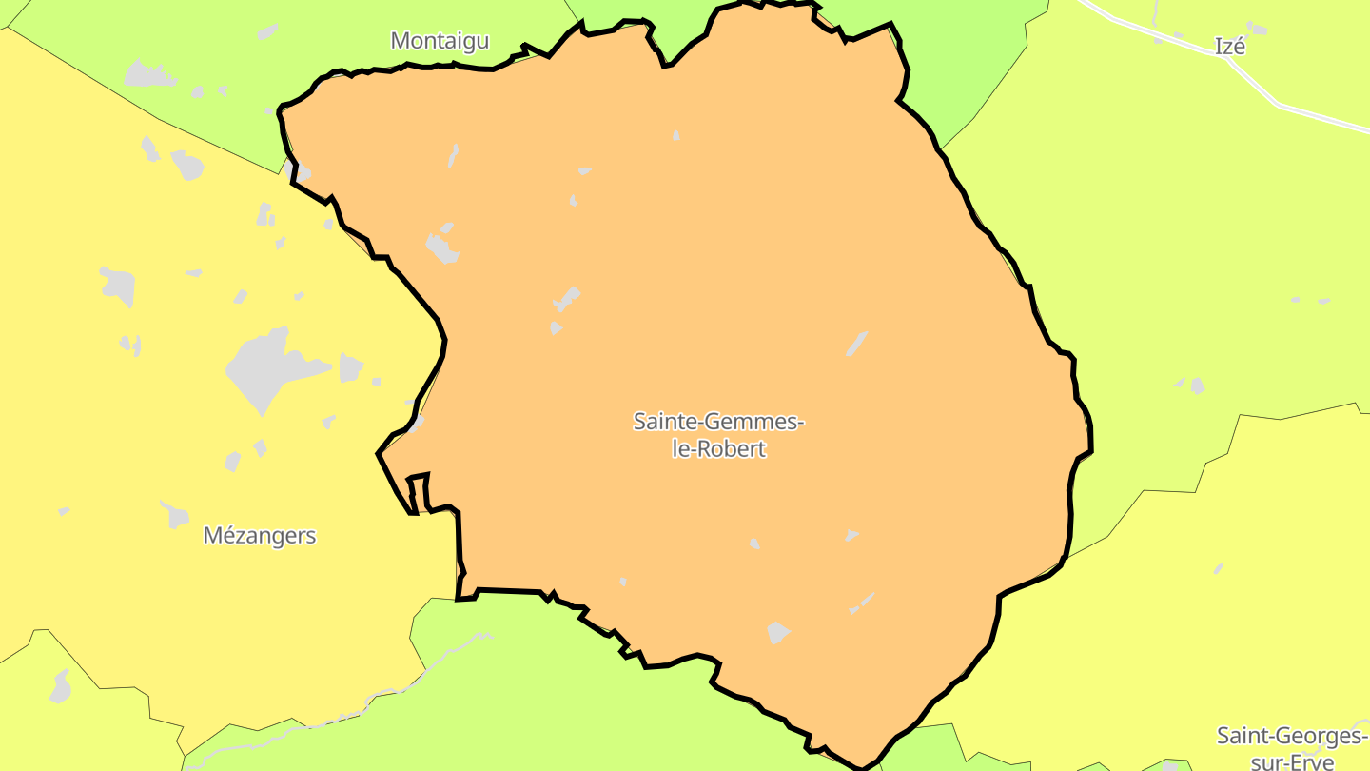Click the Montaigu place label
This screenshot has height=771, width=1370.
440,41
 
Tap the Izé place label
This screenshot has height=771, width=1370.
1230,46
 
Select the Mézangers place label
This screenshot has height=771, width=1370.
260,536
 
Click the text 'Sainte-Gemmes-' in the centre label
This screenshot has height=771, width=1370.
719,421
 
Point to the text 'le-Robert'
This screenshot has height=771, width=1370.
719,449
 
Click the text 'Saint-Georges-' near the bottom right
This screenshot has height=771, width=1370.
1291,736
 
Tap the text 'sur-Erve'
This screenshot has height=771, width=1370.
1291,761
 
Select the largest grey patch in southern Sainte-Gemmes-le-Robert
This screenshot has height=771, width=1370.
777,633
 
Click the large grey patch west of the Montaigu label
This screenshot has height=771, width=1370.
144,72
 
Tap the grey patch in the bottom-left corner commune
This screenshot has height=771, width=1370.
61,686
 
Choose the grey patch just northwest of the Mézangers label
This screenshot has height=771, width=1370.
174,515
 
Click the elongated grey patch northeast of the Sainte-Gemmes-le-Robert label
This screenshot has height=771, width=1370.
857,344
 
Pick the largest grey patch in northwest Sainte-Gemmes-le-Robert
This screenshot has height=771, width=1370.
442,248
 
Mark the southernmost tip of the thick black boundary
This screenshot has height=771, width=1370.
861,767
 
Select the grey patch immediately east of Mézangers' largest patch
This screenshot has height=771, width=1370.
350,367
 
